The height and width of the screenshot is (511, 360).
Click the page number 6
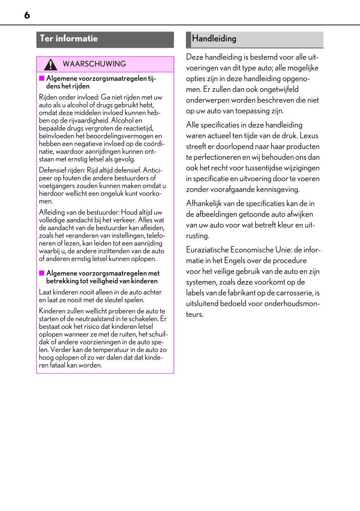coord(27,16)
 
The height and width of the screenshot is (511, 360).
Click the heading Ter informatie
coord(69,39)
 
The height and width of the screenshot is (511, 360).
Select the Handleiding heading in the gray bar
coord(214,39)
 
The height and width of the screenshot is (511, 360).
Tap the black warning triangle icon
coord(51,65)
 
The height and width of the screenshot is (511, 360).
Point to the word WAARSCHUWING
coord(94,64)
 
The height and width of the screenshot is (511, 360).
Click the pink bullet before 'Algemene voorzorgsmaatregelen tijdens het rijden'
coord(42,78)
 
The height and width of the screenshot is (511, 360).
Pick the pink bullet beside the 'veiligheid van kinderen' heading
coord(42,273)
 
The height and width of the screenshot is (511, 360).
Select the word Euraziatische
coord(207,250)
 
